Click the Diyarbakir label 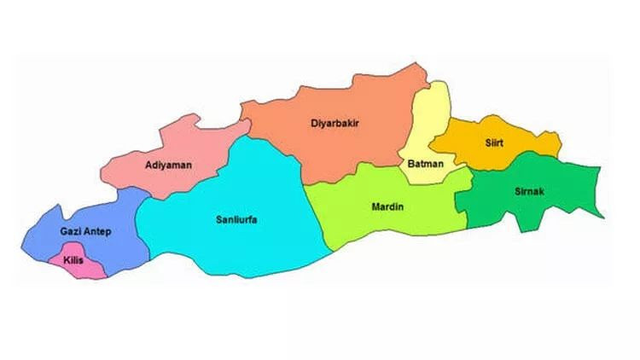[335, 124]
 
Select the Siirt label [494, 143]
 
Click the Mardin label [387, 206]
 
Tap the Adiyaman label [168, 164]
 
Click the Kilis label [73, 259]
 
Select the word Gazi [71, 232]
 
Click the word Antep [98, 232]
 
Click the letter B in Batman [407, 164]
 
